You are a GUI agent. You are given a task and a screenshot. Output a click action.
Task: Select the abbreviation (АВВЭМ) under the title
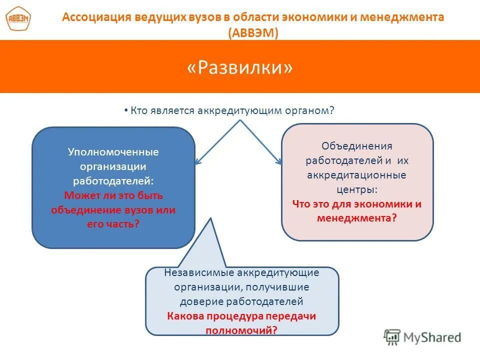[253, 32]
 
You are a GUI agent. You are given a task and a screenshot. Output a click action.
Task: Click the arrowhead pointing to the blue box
[198, 161]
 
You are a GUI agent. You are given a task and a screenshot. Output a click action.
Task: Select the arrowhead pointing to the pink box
[279, 161]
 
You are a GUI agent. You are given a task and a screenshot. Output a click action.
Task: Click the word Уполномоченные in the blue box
[113, 151]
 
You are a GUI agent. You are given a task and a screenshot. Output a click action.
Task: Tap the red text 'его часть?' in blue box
[113, 224]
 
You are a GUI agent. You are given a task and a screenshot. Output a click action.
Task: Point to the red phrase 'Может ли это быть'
[113, 195]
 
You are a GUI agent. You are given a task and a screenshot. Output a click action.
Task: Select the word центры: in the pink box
[357, 189]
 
